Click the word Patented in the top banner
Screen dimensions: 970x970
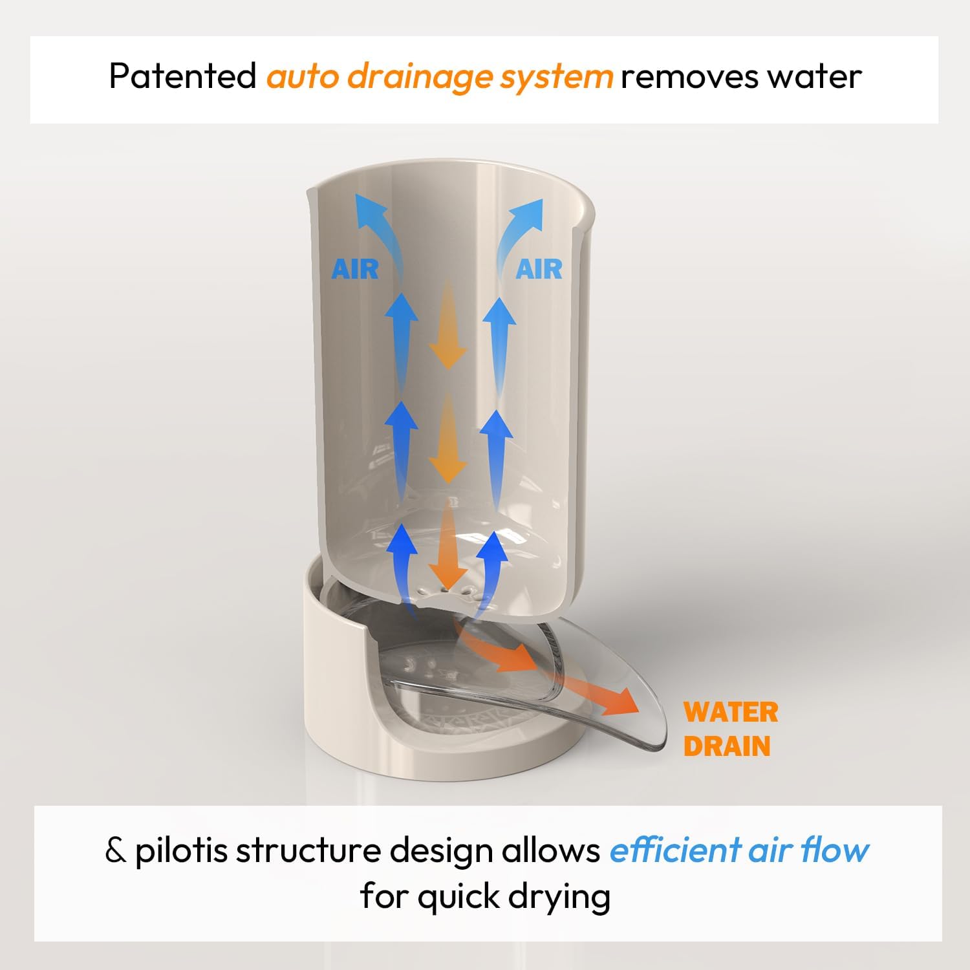pyautogui.click(x=183, y=76)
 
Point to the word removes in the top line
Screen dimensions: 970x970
pyautogui.click(x=689, y=77)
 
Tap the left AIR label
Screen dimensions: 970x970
pyautogui.click(x=355, y=269)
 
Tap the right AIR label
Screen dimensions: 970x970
pyautogui.click(x=539, y=269)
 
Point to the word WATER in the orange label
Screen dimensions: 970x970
pyautogui.click(x=731, y=712)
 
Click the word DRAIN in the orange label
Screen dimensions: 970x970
pyautogui.click(x=727, y=746)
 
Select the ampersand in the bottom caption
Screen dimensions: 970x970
pyautogui.click(x=116, y=851)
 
